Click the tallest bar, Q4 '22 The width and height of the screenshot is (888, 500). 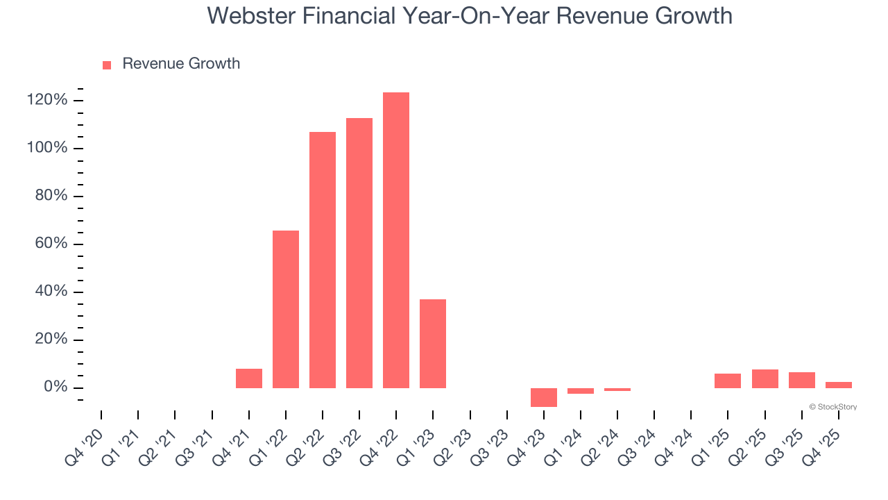click(396, 240)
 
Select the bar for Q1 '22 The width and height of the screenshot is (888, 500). click(286, 309)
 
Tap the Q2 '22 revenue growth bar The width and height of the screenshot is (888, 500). click(323, 260)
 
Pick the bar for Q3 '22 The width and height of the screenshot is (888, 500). click(359, 253)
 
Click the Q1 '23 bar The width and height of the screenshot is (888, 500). click(433, 343)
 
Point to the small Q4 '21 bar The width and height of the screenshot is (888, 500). click(249, 378)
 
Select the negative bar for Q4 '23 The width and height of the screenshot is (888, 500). click(544, 397)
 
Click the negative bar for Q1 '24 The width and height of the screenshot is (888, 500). click(581, 391)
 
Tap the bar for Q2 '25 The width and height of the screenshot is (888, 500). click(765, 378)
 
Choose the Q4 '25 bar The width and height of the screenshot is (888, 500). click(839, 385)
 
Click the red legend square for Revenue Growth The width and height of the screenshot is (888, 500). click(107, 65)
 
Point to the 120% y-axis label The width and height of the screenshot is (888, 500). click(47, 101)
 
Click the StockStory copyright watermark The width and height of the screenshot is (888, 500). click(832, 407)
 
